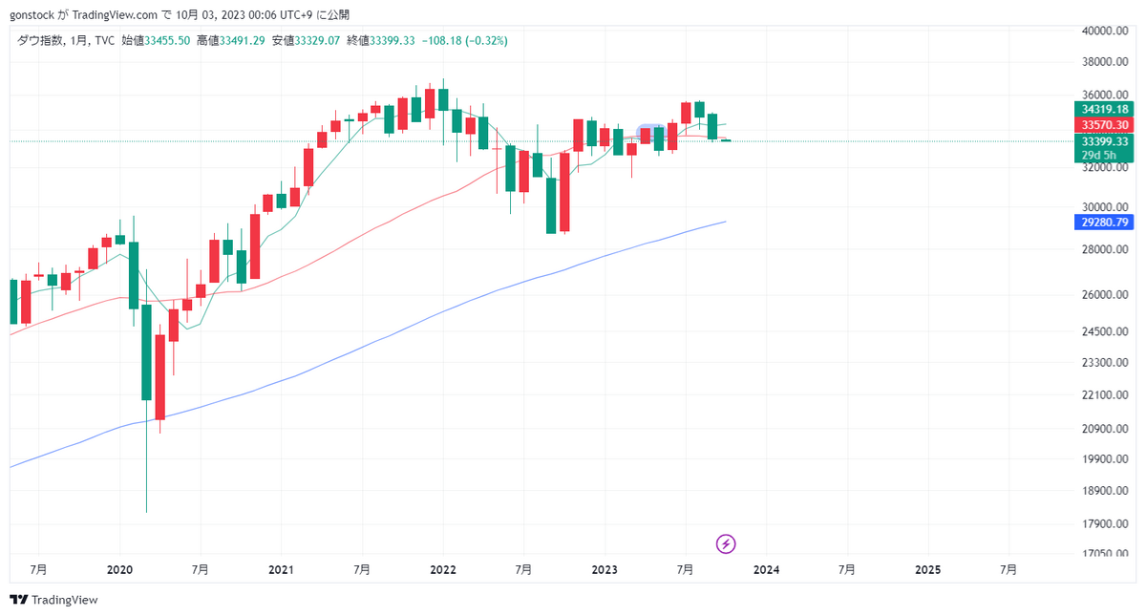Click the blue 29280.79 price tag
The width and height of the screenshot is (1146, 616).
pos(1101,223)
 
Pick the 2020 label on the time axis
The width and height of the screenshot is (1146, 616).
pos(119,569)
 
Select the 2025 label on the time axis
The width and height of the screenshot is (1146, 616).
pos(927,569)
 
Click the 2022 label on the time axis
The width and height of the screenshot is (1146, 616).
pos(443,569)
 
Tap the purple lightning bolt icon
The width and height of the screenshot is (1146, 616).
pos(726,544)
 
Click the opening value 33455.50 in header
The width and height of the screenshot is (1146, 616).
pos(167,41)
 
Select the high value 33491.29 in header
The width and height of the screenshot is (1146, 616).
pos(243,41)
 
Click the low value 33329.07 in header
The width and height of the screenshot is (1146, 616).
pos(318,41)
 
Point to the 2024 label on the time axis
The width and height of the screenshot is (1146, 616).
pos(766,569)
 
